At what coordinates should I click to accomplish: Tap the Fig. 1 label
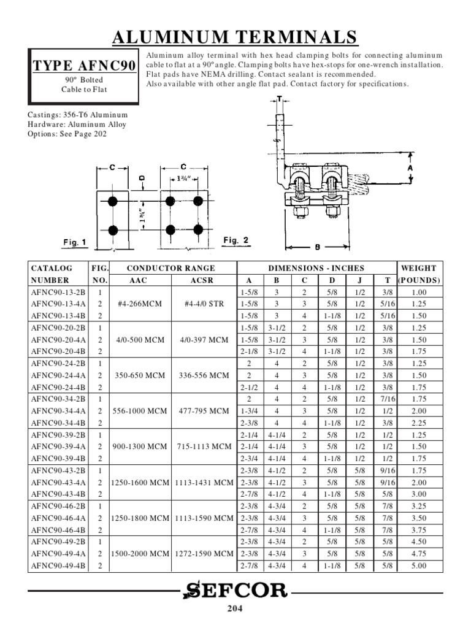point(75,243)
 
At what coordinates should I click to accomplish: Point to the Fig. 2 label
point(235,240)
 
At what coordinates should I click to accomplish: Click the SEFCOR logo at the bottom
point(235,591)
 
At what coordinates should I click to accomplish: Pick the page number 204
point(235,609)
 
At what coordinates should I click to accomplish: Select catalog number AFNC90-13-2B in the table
point(59,293)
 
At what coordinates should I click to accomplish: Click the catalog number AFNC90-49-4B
point(59,565)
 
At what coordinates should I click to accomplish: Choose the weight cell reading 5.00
point(418,565)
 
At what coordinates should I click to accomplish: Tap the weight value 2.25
point(418,423)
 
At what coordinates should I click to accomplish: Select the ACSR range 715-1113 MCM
point(205,446)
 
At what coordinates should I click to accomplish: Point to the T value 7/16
point(388,399)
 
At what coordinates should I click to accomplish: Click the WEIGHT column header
point(418,268)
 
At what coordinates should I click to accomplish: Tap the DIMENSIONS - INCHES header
point(317,268)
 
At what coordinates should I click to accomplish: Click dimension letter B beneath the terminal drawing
point(316,248)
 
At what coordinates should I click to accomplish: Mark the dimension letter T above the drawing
point(279,99)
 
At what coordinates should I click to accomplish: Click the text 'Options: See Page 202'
point(67,134)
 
